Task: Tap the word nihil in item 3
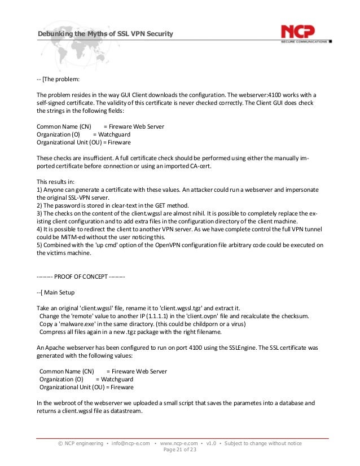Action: click(182, 215)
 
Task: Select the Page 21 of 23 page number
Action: click(179, 451)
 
